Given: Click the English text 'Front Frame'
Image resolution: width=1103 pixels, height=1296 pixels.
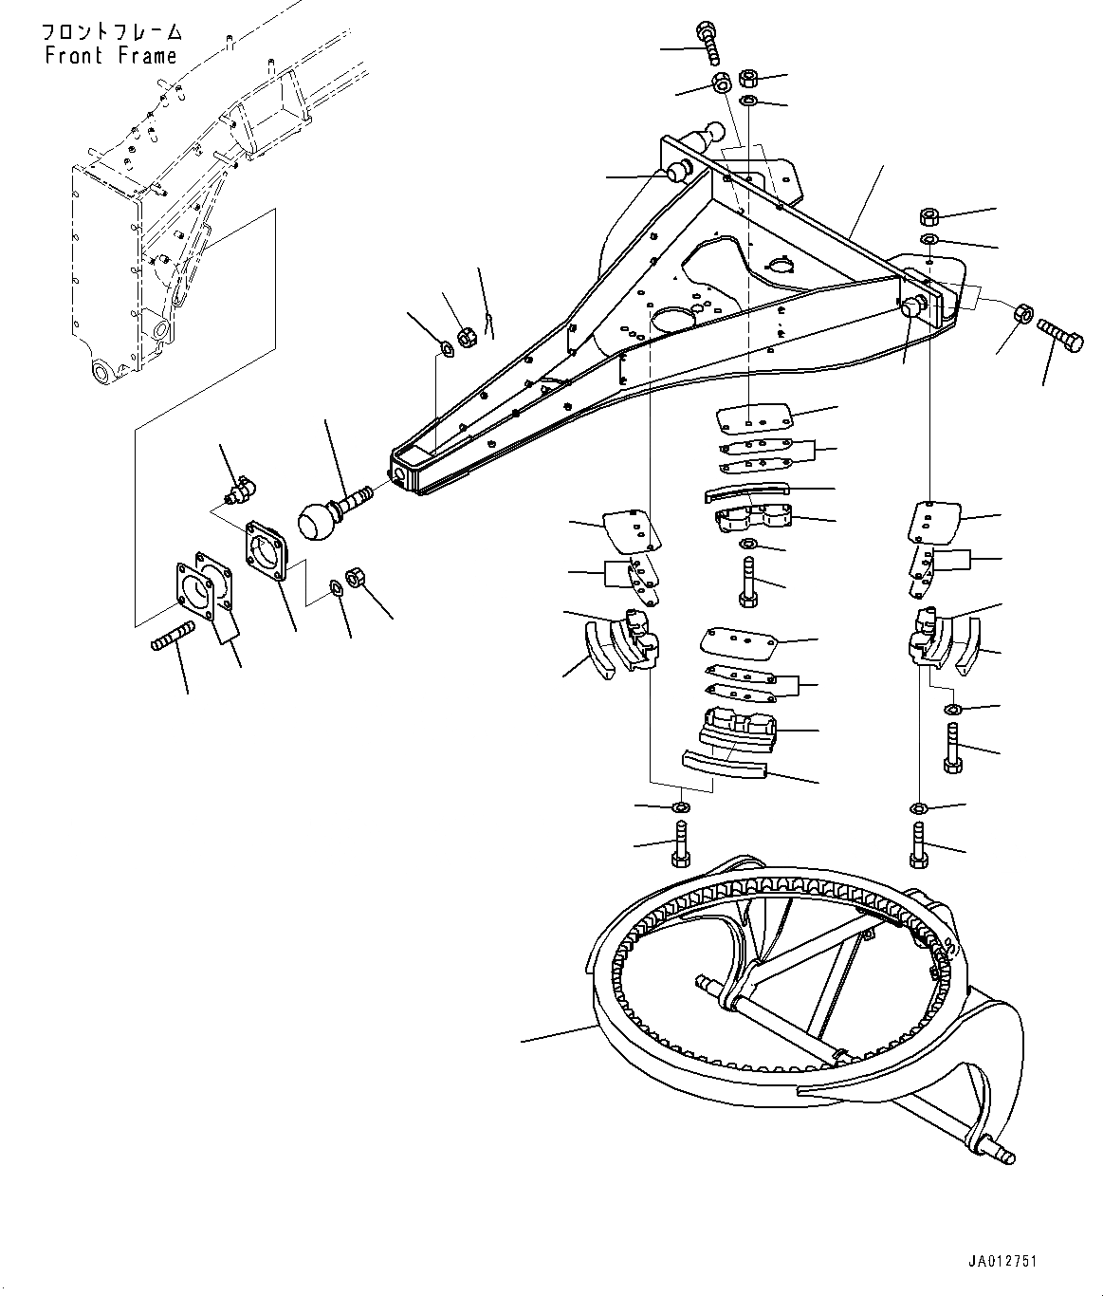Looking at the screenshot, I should click(110, 56).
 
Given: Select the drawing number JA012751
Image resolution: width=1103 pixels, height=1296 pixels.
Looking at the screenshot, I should click(1002, 1262).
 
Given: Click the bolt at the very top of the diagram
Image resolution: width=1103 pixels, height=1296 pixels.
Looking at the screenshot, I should click(708, 43).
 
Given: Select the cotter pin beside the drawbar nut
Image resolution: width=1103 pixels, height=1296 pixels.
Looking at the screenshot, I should click(487, 323).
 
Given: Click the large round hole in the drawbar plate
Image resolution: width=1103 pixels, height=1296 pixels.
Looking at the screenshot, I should click(671, 318).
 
